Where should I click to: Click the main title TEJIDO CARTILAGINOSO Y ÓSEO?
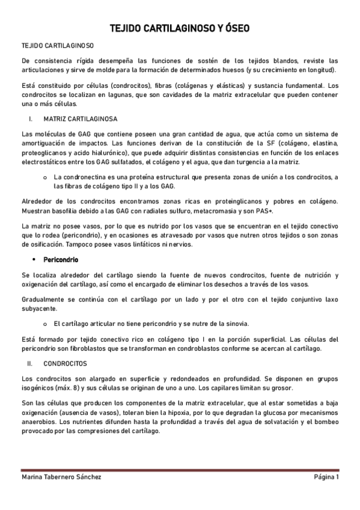click(180, 28)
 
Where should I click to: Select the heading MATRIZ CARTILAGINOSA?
click(81, 118)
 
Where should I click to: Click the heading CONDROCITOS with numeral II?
click(66, 363)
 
